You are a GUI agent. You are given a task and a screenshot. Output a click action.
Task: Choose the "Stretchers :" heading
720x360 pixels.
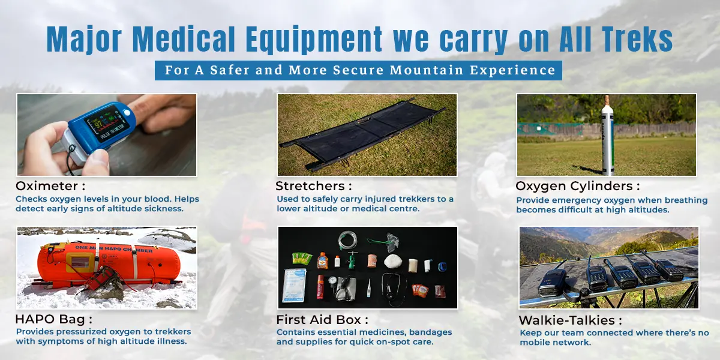click(x=313, y=186)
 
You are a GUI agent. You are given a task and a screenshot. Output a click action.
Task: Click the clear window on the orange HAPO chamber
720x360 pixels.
click(x=80, y=262)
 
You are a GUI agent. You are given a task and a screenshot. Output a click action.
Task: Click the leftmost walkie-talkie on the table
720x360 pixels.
click(x=552, y=282)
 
